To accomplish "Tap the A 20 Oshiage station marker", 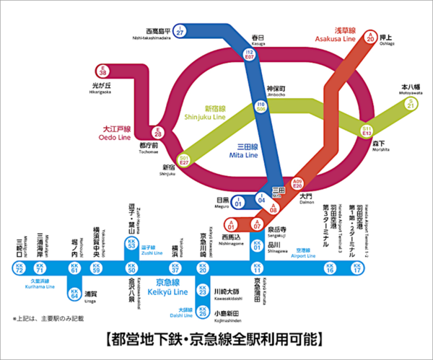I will pos(371,37).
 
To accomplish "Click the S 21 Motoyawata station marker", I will pos(411,104).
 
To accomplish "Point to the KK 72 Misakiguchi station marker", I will pos(19,268).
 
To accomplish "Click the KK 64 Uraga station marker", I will pos(74,293).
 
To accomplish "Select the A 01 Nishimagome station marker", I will pos(231,223).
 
